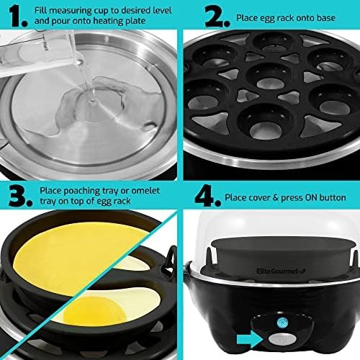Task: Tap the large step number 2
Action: (x=217, y=17)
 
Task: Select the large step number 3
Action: (x=20, y=195)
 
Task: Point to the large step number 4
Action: (x=207, y=195)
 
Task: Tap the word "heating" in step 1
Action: (x=111, y=21)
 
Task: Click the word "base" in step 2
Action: (x=325, y=18)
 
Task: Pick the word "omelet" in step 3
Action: (x=145, y=191)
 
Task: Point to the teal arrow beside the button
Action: (x=250, y=339)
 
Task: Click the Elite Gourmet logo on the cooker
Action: (x=281, y=271)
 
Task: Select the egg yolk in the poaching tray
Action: (x=95, y=311)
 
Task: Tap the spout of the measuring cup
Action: (x=78, y=60)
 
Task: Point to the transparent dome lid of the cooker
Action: (x=271, y=225)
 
